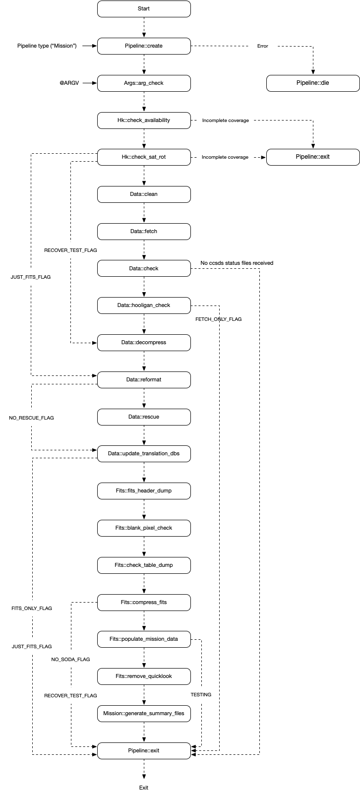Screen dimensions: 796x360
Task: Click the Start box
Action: (144, 9)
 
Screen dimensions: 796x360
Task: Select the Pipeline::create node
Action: (144, 46)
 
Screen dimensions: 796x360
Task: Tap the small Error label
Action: (262, 46)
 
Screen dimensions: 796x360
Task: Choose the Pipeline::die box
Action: (312, 83)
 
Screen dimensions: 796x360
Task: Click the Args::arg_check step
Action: (144, 83)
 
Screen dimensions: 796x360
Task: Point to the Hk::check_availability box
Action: (144, 121)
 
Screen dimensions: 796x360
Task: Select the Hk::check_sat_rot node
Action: (144, 157)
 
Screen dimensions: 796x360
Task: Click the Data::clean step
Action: (144, 194)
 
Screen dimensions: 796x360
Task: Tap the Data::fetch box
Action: (144, 232)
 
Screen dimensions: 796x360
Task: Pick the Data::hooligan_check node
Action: (144, 306)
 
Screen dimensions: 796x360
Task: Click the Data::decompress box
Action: (144, 343)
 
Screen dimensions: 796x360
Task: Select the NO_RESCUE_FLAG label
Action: (31, 418)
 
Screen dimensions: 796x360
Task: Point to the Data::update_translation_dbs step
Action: (144, 454)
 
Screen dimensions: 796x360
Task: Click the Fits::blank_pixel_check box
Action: (144, 528)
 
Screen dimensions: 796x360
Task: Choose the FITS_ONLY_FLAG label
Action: (32, 609)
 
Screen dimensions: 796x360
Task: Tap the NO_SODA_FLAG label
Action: (70, 660)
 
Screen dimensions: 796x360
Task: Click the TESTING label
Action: (201, 695)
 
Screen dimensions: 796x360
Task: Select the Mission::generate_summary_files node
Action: (144, 714)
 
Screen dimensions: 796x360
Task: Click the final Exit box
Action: (144, 788)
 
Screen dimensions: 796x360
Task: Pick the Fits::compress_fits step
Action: (144, 603)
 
